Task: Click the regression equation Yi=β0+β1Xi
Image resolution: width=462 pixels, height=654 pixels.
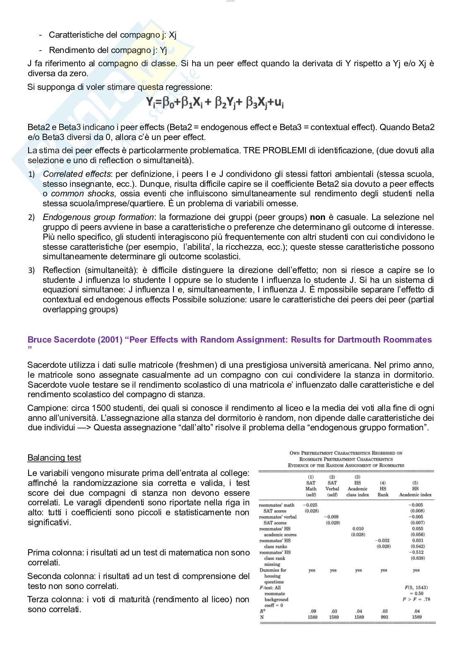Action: [x=215, y=102]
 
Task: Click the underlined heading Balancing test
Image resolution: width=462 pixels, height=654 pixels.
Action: [x=54, y=458]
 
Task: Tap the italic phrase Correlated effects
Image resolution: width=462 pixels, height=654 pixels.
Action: [x=77, y=174]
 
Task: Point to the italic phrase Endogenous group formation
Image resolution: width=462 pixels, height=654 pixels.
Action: [x=98, y=217]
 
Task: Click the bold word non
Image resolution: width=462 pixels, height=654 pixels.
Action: [x=318, y=217]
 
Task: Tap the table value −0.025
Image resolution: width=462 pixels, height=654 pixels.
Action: [x=310, y=505]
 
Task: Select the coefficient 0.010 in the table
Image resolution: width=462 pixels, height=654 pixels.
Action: [x=358, y=529]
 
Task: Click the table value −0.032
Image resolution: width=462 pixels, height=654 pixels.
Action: [x=383, y=541]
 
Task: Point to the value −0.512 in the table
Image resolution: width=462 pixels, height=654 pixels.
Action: [x=416, y=552]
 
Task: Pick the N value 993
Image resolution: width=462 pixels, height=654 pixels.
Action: [x=384, y=617]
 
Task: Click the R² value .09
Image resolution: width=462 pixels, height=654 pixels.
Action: [x=313, y=611]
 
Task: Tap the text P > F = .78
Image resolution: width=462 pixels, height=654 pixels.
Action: [x=416, y=599]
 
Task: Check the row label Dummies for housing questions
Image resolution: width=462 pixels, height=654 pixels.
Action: [x=273, y=576]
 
